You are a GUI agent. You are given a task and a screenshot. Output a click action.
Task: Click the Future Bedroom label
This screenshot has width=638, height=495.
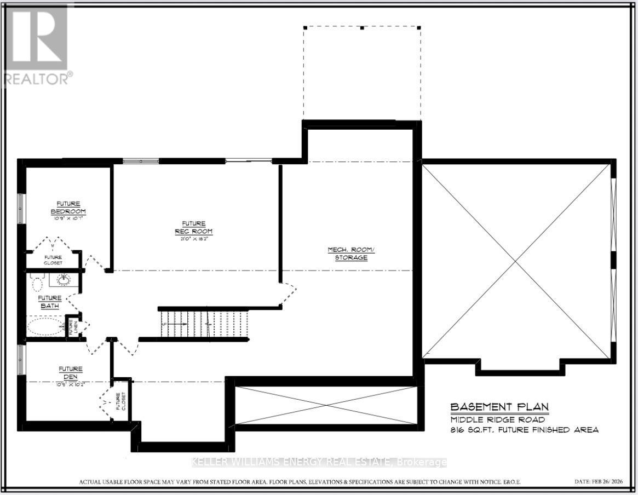pyautogui.click(x=68, y=208)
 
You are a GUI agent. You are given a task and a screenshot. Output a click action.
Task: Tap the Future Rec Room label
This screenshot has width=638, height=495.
pyautogui.click(x=194, y=227)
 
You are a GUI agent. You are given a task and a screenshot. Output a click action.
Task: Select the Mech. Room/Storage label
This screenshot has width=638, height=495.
pyautogui.click(x=351, y=253)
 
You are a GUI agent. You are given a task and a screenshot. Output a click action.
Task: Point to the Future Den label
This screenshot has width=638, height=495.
pyautogui.click(x=71, y=372)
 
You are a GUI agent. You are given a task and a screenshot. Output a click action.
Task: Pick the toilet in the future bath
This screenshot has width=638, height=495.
pyautogui.click(x=37, y=283)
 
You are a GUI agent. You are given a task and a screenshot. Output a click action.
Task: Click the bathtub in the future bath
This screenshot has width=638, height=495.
pyautogui.click(x=45, y=327)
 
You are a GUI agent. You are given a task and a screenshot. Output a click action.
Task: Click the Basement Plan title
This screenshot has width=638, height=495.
pyautogui.click(x=499, y=407)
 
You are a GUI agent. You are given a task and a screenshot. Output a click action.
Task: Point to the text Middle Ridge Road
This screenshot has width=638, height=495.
pyautogui.click(x=490, y=419)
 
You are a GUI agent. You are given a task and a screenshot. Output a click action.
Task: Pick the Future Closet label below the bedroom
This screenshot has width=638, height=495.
pyautogui.click(x=53, y=260)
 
